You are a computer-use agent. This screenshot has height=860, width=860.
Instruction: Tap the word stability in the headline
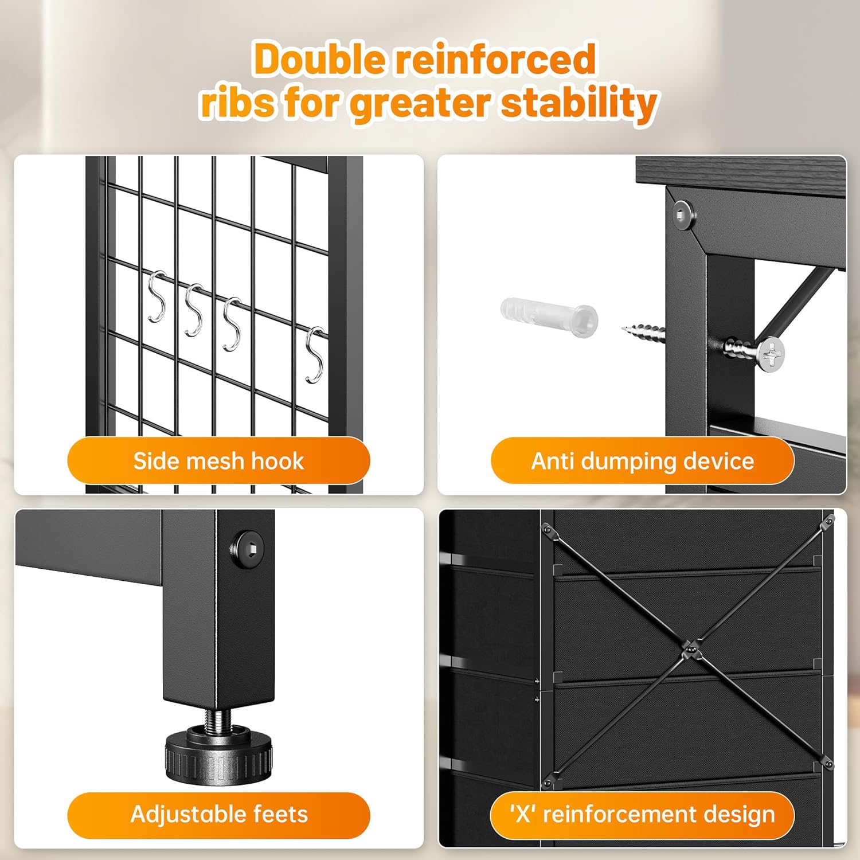click(x=579, y=103)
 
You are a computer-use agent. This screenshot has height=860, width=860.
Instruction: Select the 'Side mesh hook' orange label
click(x=218, y=460)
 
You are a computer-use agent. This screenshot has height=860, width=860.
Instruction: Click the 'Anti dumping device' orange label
click(x=642, y=460)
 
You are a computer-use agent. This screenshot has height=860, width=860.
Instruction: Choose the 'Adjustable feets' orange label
click(x=218, y=815)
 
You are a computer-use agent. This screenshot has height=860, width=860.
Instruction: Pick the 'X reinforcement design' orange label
click(x=642, y=815)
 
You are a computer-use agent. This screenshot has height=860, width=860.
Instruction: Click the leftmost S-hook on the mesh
click(x=157, y=296)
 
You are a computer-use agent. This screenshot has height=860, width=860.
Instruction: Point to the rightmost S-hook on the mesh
click(x=315, y=355)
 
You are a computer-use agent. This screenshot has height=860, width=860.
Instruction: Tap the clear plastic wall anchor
click(x=549, y=314)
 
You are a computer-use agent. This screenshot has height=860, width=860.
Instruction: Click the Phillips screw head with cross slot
click(x=772, y=352)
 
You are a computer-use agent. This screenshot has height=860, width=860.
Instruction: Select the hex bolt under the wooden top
click(x=682, y=215)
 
